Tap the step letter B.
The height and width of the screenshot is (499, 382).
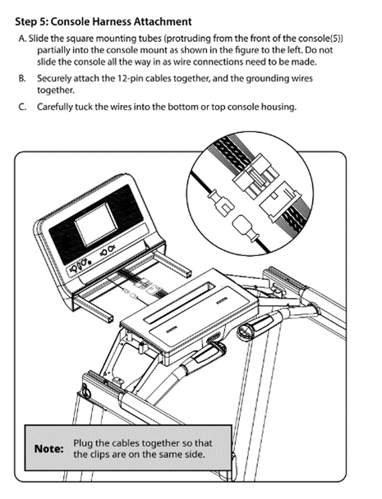[x=22, y=79]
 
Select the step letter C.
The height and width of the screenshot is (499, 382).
[x=22, y=107]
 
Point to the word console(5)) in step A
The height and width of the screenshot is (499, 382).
[x=320, y=39]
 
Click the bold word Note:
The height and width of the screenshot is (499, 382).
[x=49, y=449]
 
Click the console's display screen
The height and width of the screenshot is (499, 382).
[x=96, y=225]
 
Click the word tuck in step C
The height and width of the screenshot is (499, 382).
[x=84, y=107]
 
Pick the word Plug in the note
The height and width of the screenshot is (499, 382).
[x=83, y=443]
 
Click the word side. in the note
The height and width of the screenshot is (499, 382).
[x=195, y=454]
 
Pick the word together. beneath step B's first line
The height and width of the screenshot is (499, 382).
[x=55, y=90]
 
